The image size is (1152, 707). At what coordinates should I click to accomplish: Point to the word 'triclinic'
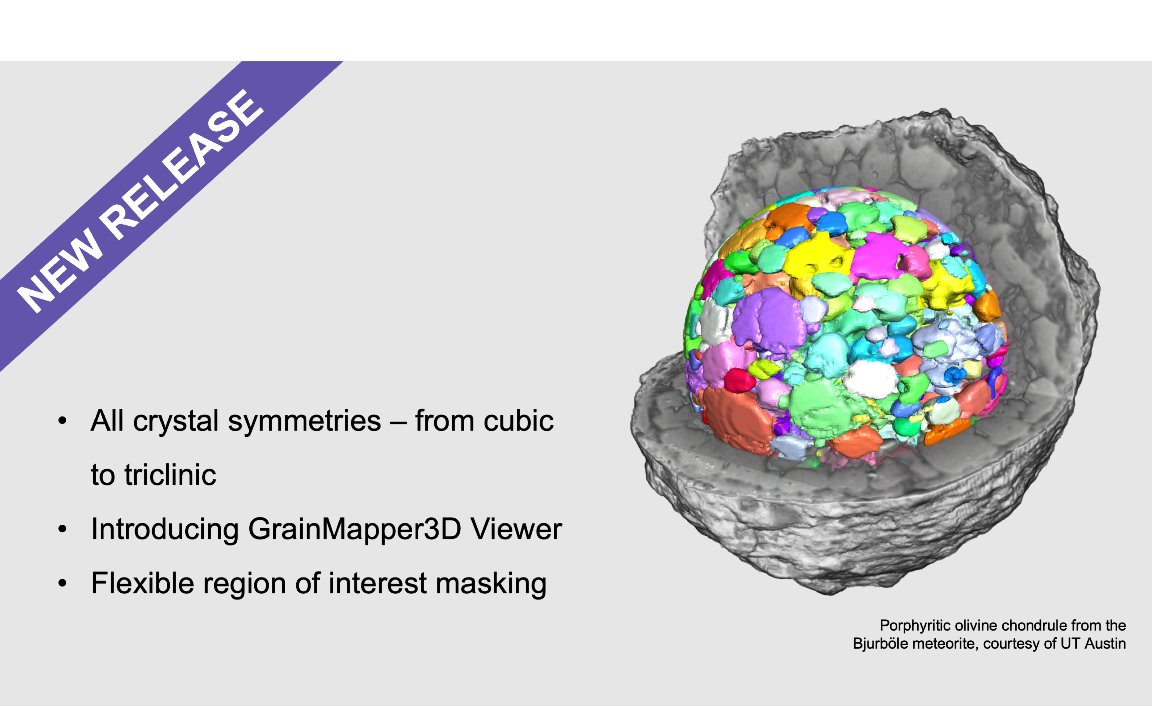[x=170, y=475]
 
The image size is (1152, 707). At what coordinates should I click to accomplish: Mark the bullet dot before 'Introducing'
[x=62, y=529]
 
